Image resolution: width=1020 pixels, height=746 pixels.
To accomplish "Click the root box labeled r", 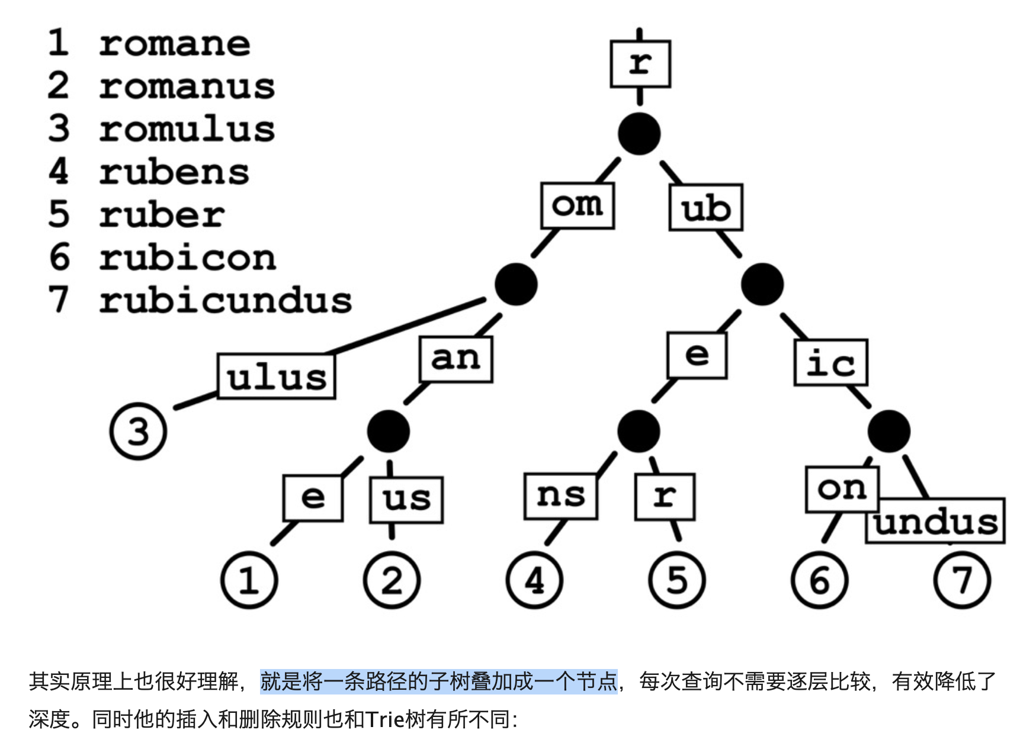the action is pos(640,63).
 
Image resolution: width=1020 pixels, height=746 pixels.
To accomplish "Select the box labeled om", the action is pos(577,205).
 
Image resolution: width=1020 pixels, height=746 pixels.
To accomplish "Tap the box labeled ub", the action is pos(705,208).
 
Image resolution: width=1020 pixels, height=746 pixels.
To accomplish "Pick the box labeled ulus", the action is pos(276,377).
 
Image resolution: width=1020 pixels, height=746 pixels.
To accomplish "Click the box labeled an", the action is pos(456,359).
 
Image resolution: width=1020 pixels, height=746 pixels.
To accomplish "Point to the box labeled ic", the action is pos(830,362).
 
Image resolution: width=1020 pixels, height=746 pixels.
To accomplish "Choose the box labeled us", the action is pos(406,500).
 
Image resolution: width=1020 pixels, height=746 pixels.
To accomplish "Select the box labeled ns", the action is pos(560,496).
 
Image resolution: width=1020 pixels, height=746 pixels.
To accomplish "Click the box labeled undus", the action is pos(936,522).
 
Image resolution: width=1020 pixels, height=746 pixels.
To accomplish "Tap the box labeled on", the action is pos(842,489).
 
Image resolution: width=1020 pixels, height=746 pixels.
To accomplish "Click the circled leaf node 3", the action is pos(138,431).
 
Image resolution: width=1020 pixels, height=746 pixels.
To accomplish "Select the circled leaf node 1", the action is pos(249,580).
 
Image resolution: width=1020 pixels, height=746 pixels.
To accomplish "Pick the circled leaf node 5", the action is pos(676,580).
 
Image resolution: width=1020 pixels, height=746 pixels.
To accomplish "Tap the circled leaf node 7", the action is pos(962,580).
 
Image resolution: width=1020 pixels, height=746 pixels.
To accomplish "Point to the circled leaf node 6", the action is pos(819,580).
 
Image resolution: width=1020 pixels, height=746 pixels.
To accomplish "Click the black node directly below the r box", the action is pos(639,134).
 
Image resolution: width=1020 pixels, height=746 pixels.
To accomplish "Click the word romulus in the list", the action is pos(187,129).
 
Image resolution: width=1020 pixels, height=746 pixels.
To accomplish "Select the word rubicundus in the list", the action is pos(225,301).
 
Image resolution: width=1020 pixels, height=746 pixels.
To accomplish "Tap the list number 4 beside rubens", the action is pos(59,172).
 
